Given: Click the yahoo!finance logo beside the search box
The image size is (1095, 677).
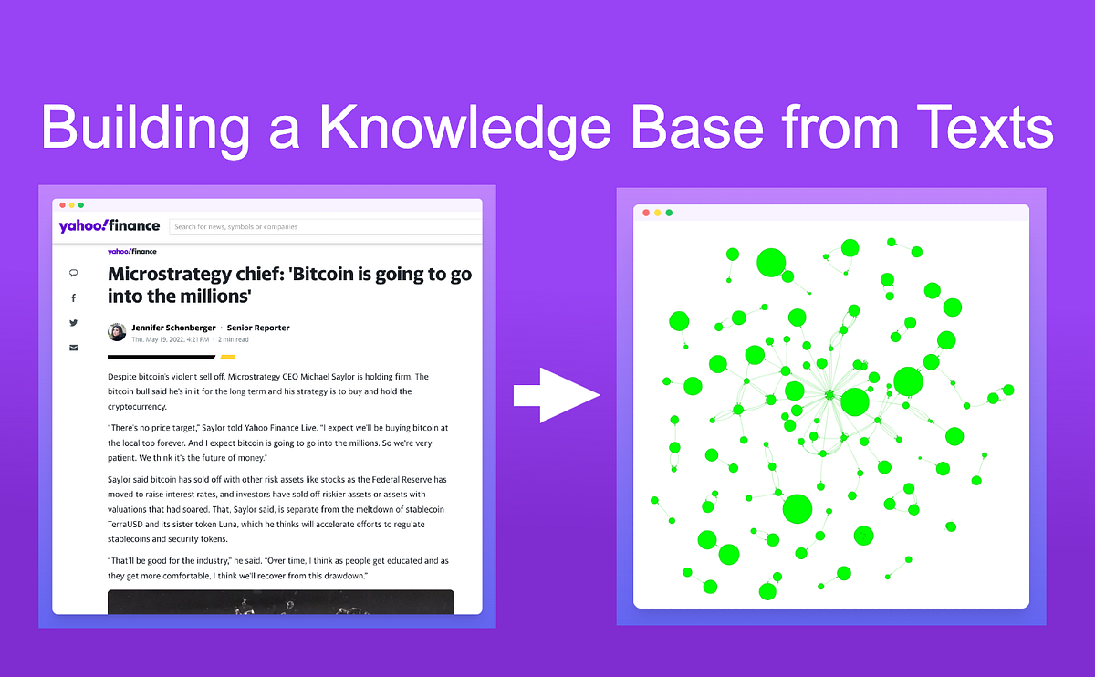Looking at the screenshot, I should (109, 226).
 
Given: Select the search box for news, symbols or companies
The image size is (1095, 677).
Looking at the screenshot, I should (324, 226).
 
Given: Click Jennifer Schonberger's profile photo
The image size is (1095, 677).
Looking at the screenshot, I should (117, 332).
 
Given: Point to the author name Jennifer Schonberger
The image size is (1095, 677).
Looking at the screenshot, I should (173, 328).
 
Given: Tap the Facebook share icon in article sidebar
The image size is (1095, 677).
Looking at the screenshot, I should (74, 298).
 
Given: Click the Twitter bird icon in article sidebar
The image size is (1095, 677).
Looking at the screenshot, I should (74, 322).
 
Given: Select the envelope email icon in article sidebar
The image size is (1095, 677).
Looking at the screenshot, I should (74, 347).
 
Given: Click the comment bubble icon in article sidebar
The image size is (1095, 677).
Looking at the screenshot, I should (74, 273).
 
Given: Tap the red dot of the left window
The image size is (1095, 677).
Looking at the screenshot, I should (60, 205).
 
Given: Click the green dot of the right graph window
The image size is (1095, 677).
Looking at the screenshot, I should (669, 213).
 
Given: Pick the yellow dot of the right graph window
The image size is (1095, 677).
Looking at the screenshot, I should (657, 213).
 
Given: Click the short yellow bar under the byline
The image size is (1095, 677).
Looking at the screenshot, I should (228, 357).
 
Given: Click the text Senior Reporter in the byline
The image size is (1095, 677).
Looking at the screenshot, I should (258, 328).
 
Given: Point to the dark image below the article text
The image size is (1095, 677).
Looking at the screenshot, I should (280, 602).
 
